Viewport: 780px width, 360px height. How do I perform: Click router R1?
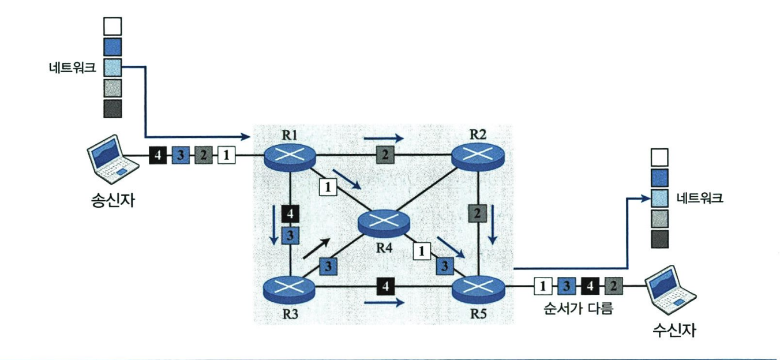pyautogui.click(x=290, y=155)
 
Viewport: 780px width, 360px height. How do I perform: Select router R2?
pyautogui.click(x=477, y=155)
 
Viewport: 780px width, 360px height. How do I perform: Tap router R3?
pyautogui.click(x=290, y=288)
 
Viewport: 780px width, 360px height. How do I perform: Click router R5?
pyautogui.click(x=477, y=287)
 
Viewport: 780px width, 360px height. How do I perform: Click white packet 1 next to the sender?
pyautogui.click(x=227, y=155)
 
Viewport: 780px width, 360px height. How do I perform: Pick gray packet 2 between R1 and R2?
pyautogui.click(x=384, y=155)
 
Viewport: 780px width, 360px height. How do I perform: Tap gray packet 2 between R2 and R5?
pyautogui.click(x=477, y=213)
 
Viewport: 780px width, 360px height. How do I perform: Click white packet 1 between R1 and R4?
pyautogui.click(x=327, y=187)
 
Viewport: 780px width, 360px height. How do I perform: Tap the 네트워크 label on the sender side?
pyautogui.click(x=73, y=67)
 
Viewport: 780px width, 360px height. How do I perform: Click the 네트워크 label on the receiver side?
pyautogui.click(x=701, y=199)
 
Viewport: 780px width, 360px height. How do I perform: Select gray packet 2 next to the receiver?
pyautogui.click(x=612, y=286)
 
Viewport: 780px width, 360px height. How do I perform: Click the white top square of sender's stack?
pyautogui.click(x=112, y=26)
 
